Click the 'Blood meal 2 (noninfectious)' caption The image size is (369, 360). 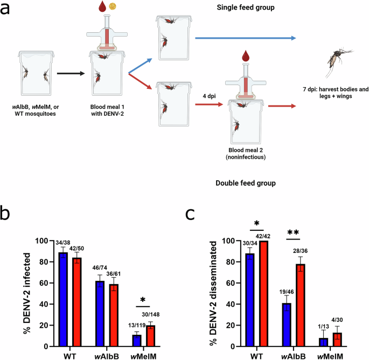247,154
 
